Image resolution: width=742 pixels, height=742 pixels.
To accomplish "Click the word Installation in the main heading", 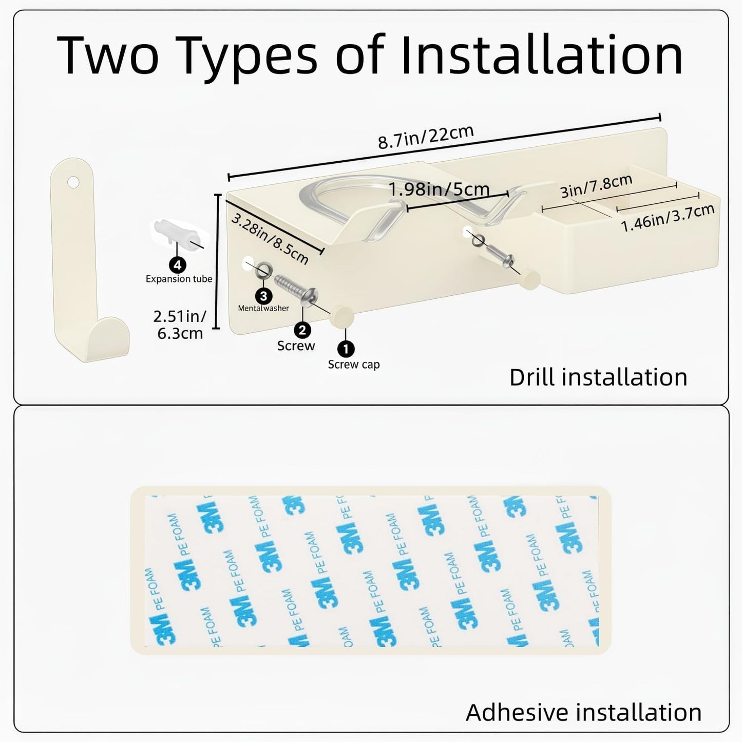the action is click(x=542, y=55).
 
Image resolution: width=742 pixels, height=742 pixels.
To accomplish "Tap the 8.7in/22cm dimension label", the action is click(x=426, y=137).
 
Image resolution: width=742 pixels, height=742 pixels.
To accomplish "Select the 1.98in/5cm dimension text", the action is click(x=439, y=189).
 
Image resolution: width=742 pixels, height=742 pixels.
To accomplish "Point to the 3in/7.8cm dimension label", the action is click(x=597, y=186).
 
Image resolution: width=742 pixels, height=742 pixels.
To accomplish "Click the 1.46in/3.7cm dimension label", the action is click(x=668, y=218).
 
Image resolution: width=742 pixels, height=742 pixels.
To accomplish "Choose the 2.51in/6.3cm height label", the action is click(x=180, y=325).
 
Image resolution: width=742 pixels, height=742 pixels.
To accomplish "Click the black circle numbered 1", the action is click(x=346, y=349).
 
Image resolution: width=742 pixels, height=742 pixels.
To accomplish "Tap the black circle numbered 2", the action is click(x=302, y=330).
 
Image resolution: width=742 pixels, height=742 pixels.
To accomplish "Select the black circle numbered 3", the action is click(x=264, y=296).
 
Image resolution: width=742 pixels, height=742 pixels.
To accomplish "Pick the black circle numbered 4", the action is click(x=178, y=265).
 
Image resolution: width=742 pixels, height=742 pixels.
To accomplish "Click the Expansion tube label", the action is click(x=179, y=279).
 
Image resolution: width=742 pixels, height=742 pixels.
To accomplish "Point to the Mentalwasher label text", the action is click(x=263, y=308).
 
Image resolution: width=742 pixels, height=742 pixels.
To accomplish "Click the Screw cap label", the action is click(x=354, y=364).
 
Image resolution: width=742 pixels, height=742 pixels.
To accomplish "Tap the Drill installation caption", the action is click(x=598, y=377).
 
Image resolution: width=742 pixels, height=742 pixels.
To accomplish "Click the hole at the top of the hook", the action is click(x=73, y=182).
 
